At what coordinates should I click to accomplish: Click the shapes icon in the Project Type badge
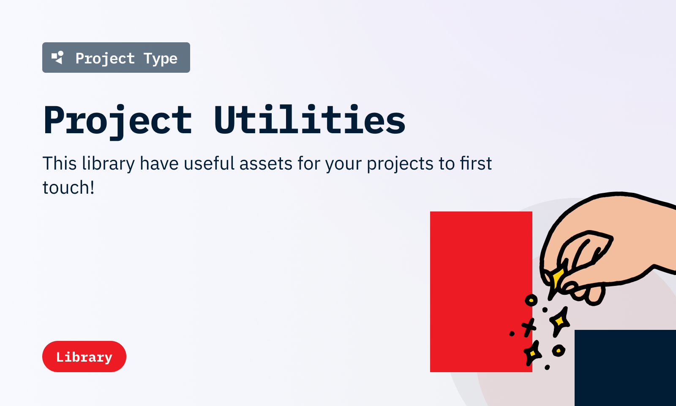(57, 58)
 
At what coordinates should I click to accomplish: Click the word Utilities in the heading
(310, 119)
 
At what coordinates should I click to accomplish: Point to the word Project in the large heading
(118, 121)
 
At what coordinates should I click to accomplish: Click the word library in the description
(108, 164)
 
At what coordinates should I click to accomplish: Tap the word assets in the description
(266, 164)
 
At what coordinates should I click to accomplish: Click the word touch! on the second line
(68, 187)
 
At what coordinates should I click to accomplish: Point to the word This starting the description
(60, 163)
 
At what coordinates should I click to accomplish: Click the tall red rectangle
(481, 291)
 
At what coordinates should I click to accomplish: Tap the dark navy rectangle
(625, 368)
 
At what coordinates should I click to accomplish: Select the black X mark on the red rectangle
(529, 327)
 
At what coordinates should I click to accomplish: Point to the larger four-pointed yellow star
(559, 321)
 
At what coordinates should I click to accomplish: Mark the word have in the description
(159, 163)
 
